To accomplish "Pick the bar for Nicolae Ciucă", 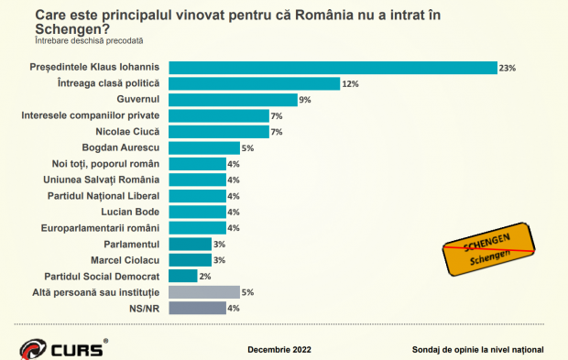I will coord(219,132).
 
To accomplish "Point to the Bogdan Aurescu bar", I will coord(204,147).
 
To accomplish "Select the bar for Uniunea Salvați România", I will coord(198,180).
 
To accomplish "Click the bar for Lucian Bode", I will coord(198,212).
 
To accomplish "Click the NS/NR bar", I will coord(198,308).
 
